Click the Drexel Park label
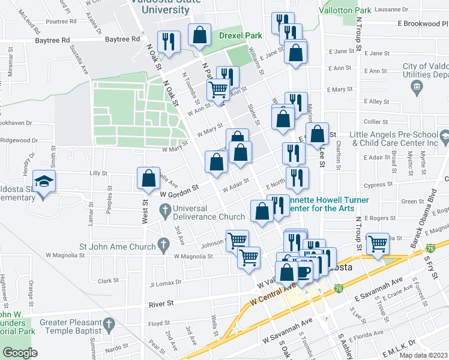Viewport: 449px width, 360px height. (x=238, y=35)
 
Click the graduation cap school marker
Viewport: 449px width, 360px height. (x=44, y=182)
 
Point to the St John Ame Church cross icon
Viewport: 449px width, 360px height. (x=162, y=244)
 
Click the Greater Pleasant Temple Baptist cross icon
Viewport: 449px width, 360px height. (x=109, y=325)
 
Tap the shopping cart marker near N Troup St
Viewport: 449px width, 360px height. (x=378, y=244)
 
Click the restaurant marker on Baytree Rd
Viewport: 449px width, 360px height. (x=168, y=41)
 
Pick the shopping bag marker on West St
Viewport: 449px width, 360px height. (x=148, y=178)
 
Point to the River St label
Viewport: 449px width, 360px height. (x=161, y=304)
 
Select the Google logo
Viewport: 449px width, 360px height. (x=20, y=353)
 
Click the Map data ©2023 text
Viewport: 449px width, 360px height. (x=423, y=355)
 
